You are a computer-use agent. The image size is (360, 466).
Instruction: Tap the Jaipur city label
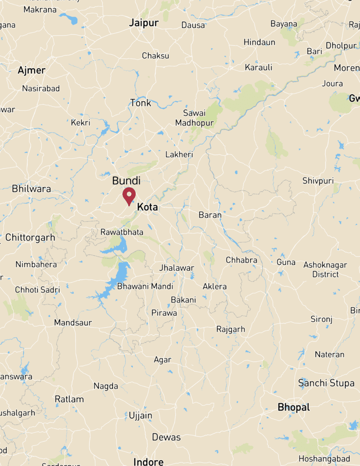click(144, 23)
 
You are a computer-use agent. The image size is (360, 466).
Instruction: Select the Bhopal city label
click(294, 407)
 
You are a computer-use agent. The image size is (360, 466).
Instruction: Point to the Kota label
click(147, 207)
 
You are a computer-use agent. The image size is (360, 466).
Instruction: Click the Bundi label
click(126, 181)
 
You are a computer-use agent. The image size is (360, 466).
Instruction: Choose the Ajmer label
click(31, 70)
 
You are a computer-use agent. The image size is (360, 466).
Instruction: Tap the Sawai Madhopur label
click(194, 118)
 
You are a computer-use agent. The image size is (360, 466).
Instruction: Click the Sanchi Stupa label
click(326, 383)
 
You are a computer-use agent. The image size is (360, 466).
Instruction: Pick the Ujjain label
click(140, 415)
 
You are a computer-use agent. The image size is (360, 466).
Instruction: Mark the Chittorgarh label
click(30, 237)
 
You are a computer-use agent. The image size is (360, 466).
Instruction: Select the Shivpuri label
click(318, 181)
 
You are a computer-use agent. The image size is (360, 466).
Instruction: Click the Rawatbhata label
click(122, 232)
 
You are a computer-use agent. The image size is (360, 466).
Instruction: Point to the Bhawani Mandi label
click(145, 286)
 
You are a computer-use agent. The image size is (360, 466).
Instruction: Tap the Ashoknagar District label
click(325, 269)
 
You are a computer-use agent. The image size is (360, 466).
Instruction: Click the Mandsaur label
click(73, 323)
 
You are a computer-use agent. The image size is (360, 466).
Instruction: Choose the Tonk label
click(141, 103)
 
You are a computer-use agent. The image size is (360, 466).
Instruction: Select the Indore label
click(148, 461)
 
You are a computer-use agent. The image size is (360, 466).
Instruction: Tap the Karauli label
click(259, 67)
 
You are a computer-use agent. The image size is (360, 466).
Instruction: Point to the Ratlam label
click(69, 399)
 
